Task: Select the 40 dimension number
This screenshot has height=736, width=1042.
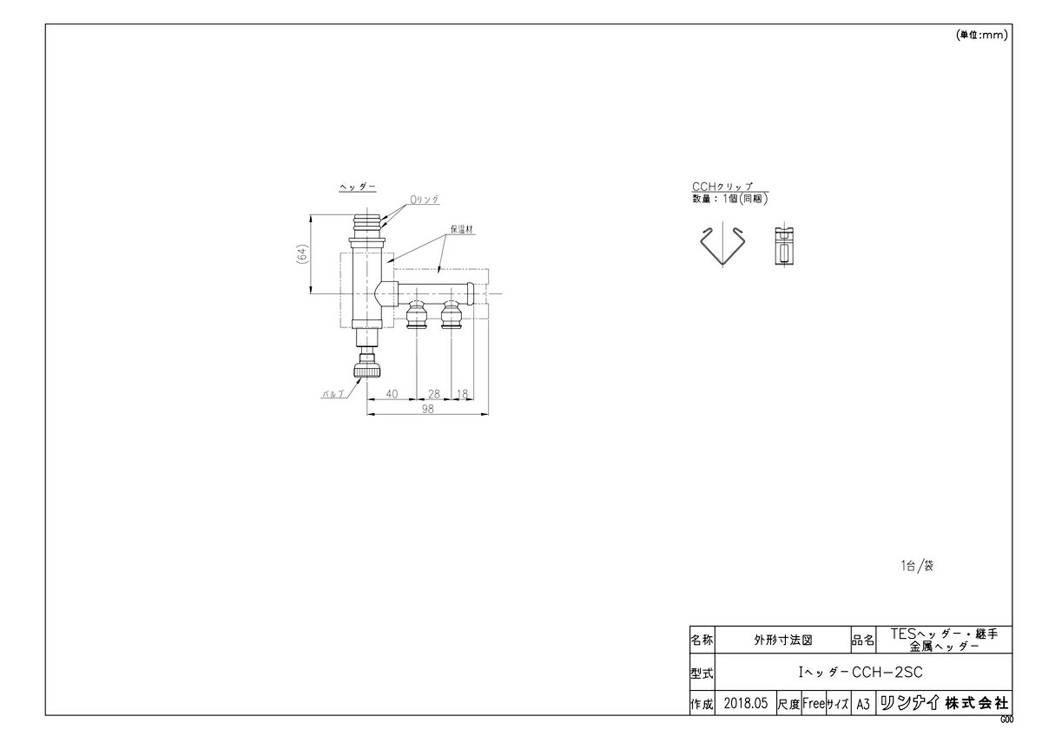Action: pyautogui.click(x=392, y=394)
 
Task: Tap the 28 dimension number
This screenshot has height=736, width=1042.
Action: pyautogui.click(x=434, y=394)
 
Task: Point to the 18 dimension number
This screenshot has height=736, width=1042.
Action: pyautogui.click(x=462, y=394)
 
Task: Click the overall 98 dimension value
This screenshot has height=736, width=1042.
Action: pyautogui.click(x=427, y=410)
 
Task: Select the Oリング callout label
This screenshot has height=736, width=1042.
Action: pyautogui.click(x=425, y=200)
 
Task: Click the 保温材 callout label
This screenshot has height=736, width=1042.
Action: pyautogui.click(x=460, y=230)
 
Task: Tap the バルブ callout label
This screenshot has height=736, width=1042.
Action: pyautogui.click(x=333, y=393)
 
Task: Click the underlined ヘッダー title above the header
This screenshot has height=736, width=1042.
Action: pyautogui.click(x=358, y=187)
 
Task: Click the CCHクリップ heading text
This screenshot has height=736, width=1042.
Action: pyautogui.click(x=722, y=187)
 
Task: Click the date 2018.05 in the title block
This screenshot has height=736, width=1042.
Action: pyautogui.click(x=745, y=704)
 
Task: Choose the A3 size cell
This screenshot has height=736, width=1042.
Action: pyautogui.click(x=862, y=704)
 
